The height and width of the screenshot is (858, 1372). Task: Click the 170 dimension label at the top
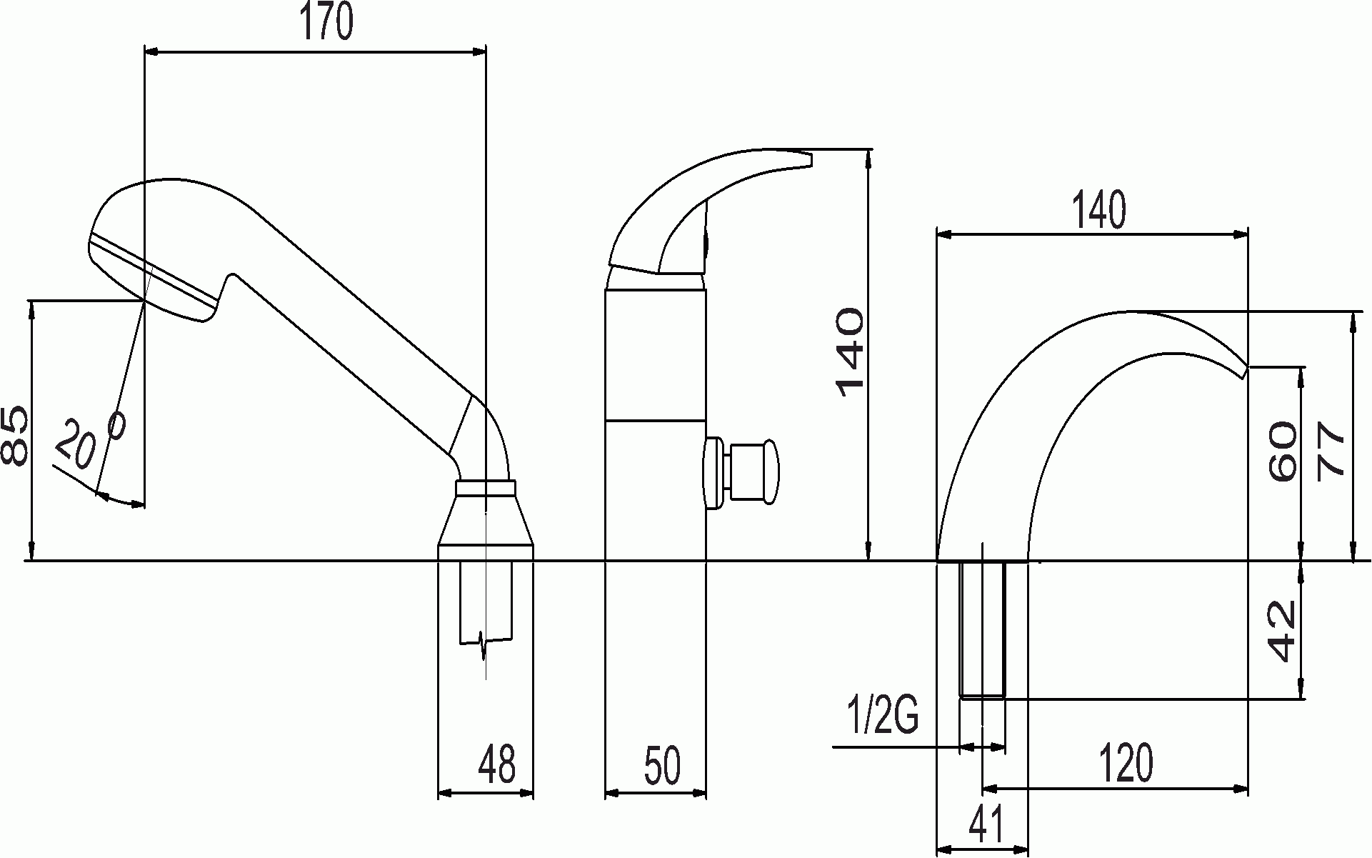tap(326, 24)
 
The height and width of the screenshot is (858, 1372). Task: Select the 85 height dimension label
tap(16, 436)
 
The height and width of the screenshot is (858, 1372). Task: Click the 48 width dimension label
tap(498, 764)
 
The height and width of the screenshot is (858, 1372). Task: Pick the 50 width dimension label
tap(662, 765)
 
